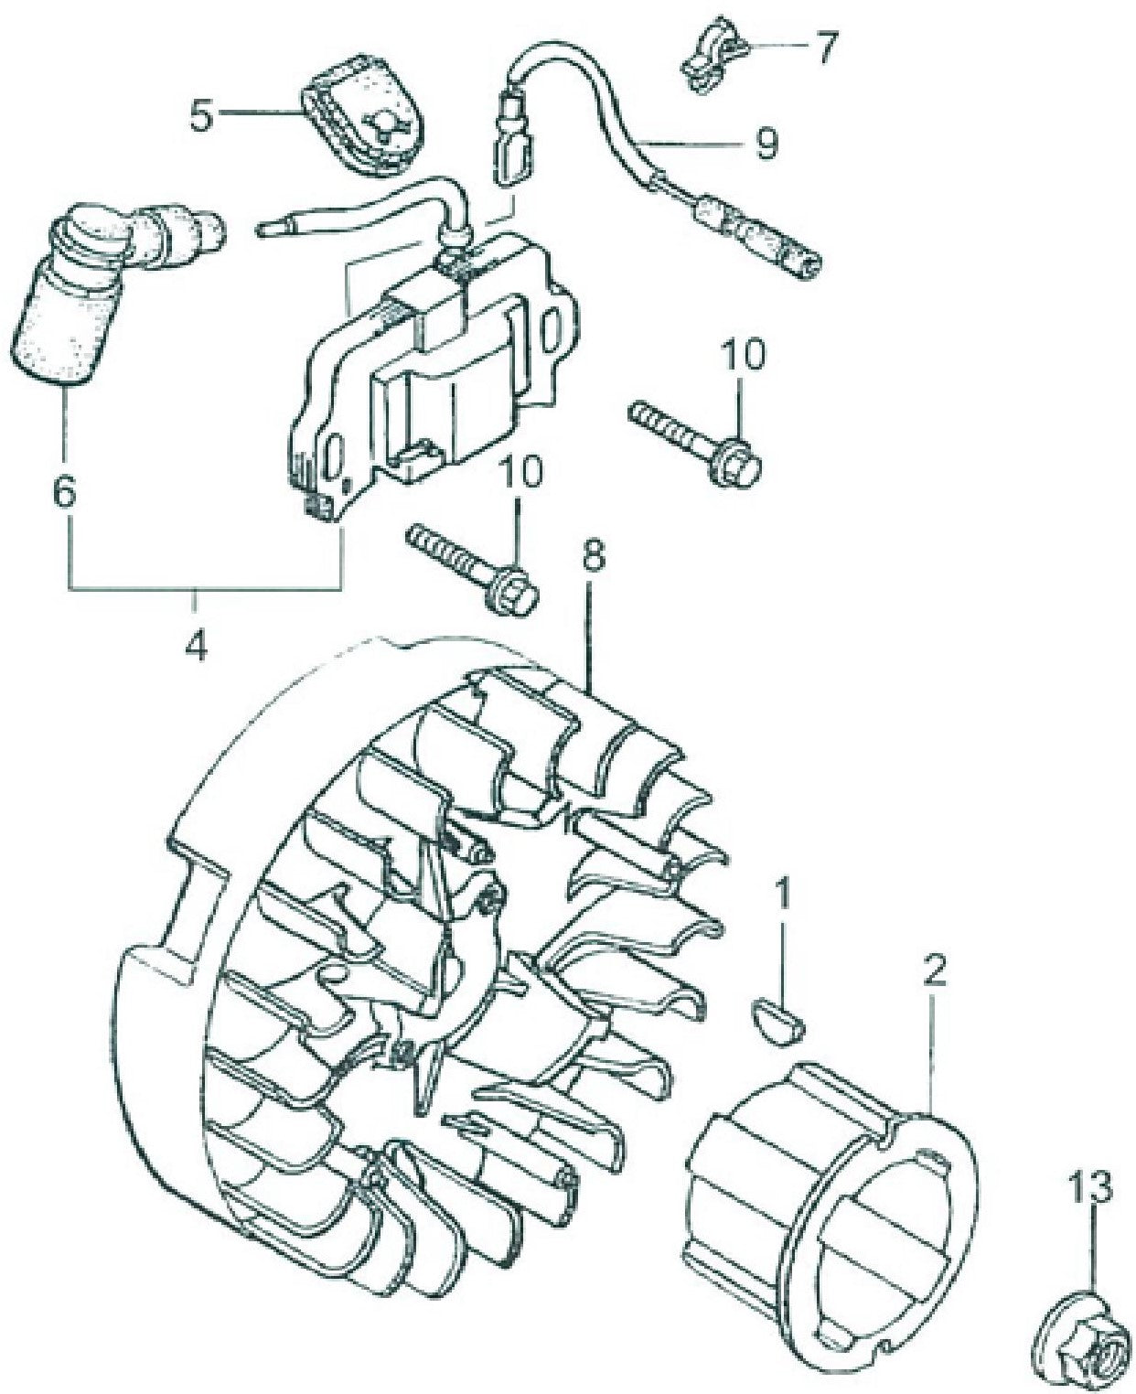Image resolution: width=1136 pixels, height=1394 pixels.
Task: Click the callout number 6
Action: click(x=63, y=493)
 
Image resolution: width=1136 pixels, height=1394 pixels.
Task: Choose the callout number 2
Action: click(x=932, y=972)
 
